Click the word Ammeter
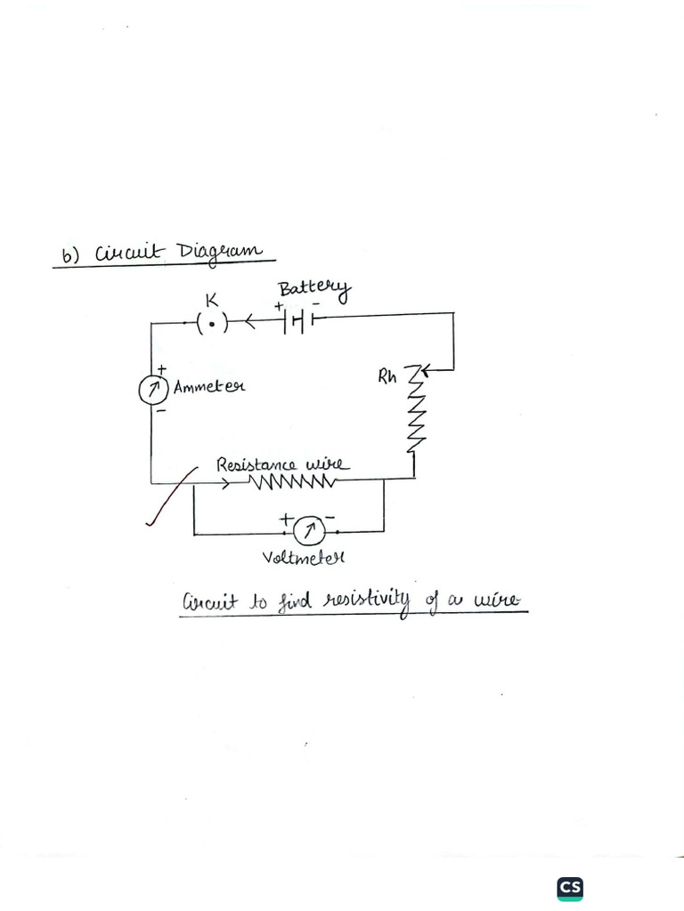[209, 388]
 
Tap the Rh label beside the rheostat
[387, 376]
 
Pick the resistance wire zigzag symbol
[292, 482]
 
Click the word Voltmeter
[303, 559]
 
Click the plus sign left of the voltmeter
[285, 517]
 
